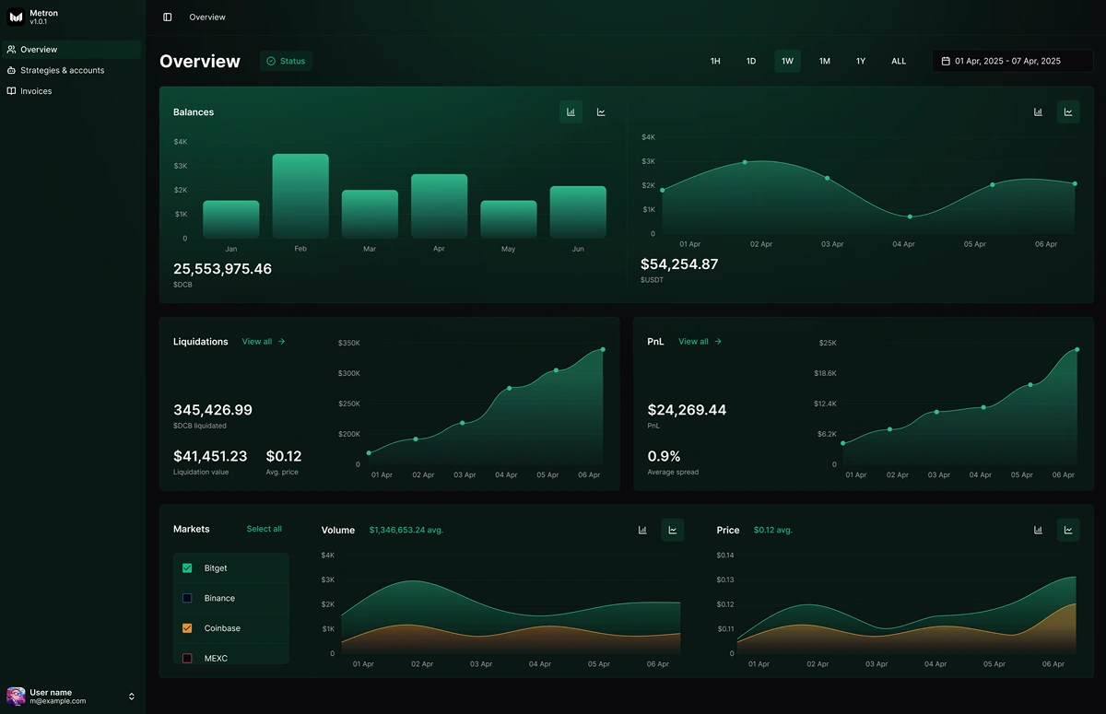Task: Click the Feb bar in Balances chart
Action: click(300, 196)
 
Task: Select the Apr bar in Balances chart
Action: click(439, 206)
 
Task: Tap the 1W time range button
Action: click(787, 62)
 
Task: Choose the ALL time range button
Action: click(898, 62)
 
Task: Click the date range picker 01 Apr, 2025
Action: click(1012, 62)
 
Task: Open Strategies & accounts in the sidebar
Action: click(62, 70)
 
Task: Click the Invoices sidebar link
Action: click(36, 91)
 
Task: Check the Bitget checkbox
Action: click(187, 568)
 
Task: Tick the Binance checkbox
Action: click(187, 598)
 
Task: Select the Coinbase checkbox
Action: click(187, 628)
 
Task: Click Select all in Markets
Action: click(264, 529)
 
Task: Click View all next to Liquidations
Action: click(264, 342)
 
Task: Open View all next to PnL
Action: click(700, 342)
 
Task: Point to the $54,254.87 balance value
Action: click(679, 264)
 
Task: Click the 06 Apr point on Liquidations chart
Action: click(603, 349)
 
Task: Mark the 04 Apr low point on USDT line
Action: click(910, 217)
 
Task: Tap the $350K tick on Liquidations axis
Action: click(349, 343)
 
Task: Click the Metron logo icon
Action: click(16, 18)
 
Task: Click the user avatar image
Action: click(16, 696)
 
